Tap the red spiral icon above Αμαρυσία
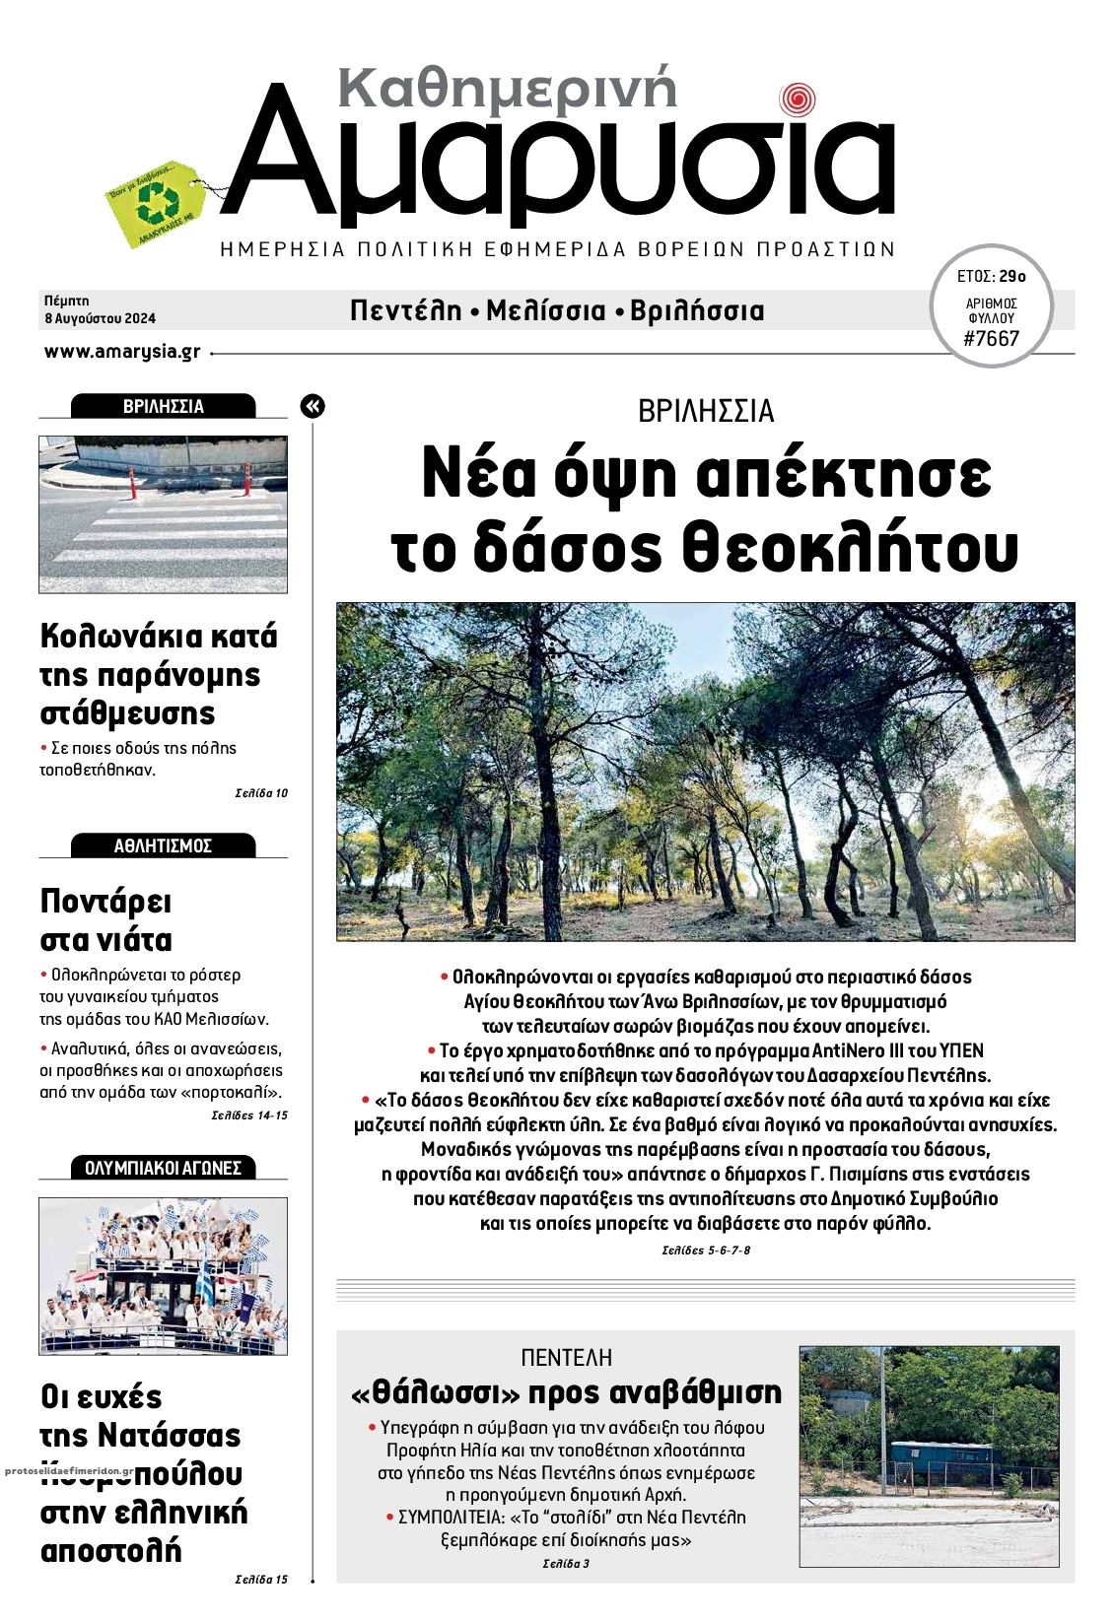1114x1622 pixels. coord(797,100)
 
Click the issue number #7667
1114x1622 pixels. coord(992,340)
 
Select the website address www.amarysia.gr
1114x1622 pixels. coord(122,352)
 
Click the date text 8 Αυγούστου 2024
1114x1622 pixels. coord(100,318)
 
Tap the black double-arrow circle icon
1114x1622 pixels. coord(313,406)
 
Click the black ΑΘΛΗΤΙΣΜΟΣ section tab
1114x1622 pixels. coord(163,845)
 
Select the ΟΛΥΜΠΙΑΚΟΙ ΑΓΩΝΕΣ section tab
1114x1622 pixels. coord(163,1168)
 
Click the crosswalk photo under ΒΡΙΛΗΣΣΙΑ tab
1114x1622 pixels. coord(163,514)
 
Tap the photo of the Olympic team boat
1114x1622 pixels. coord(163,1276)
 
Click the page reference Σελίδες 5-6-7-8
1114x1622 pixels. coord(706,1250)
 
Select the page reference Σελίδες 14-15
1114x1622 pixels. coord(249,1115)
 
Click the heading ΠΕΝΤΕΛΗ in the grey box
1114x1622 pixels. coord(566,1357)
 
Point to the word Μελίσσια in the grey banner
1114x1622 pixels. coord(546,311)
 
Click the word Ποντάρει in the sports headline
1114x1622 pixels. coord(105,902)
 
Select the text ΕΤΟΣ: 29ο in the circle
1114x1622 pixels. coord(991,276)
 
